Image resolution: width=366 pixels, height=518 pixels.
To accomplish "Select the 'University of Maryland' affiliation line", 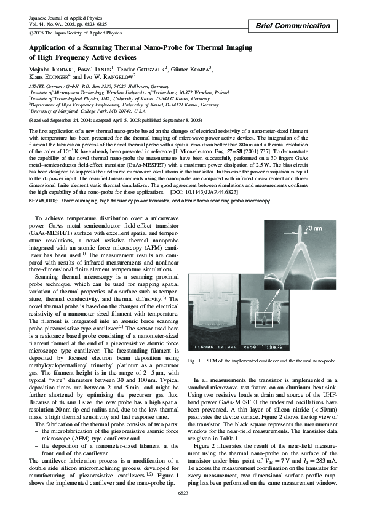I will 68,111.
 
